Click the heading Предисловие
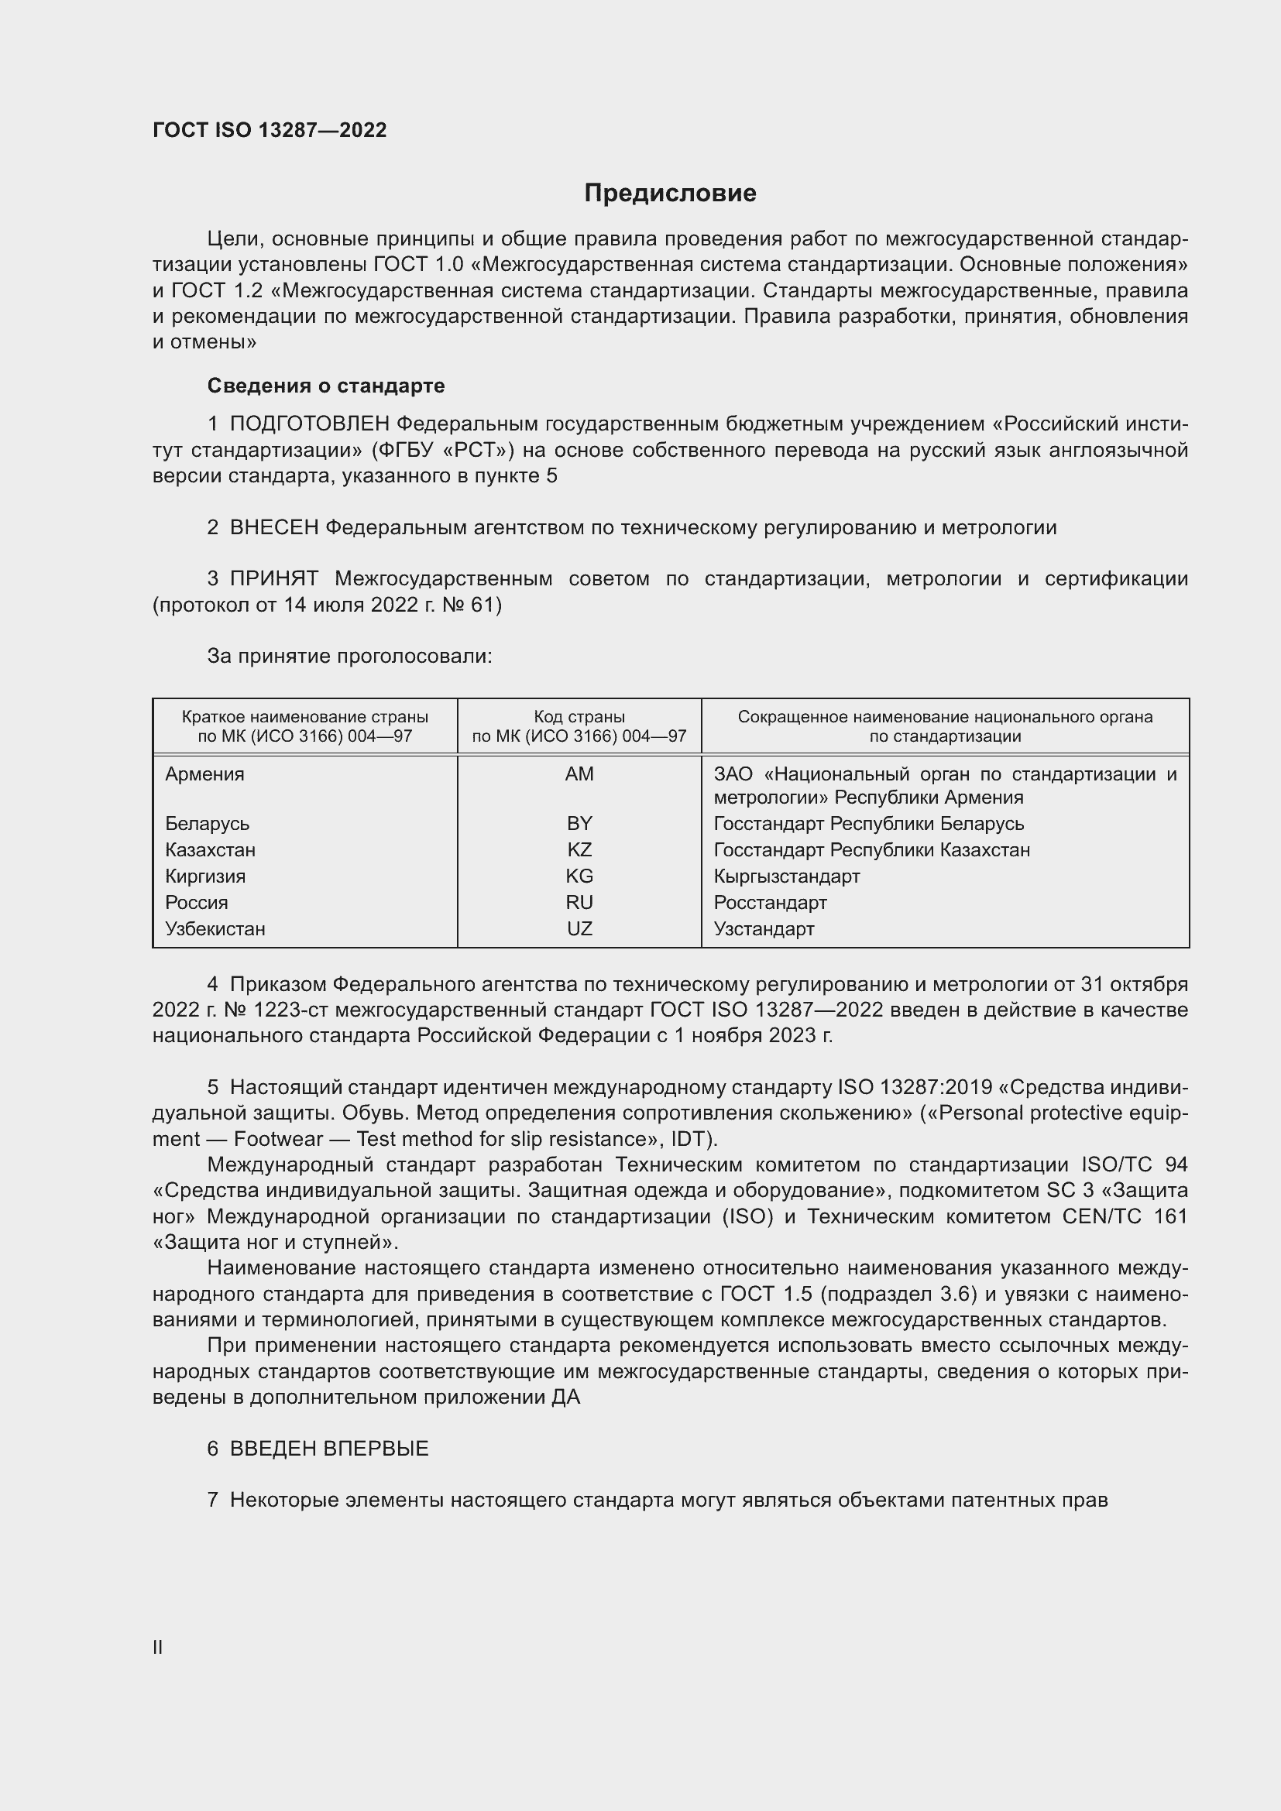point(670,194)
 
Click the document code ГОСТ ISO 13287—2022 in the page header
point(270,130)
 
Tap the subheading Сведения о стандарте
point(326,386)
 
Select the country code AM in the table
point(579,773)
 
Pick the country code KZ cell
point(579,849)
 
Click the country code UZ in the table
point(579,928)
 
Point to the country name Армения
point(205,773)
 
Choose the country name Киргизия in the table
point(205,876)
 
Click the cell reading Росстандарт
point(770,902)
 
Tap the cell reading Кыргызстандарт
point(786,876)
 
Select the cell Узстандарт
point(764,928)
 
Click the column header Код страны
point(579,717)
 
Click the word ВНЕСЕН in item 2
point(273,528)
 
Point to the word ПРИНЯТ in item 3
point(273,579)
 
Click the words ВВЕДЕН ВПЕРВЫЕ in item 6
point(329,1449)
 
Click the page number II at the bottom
point(158,1648)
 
